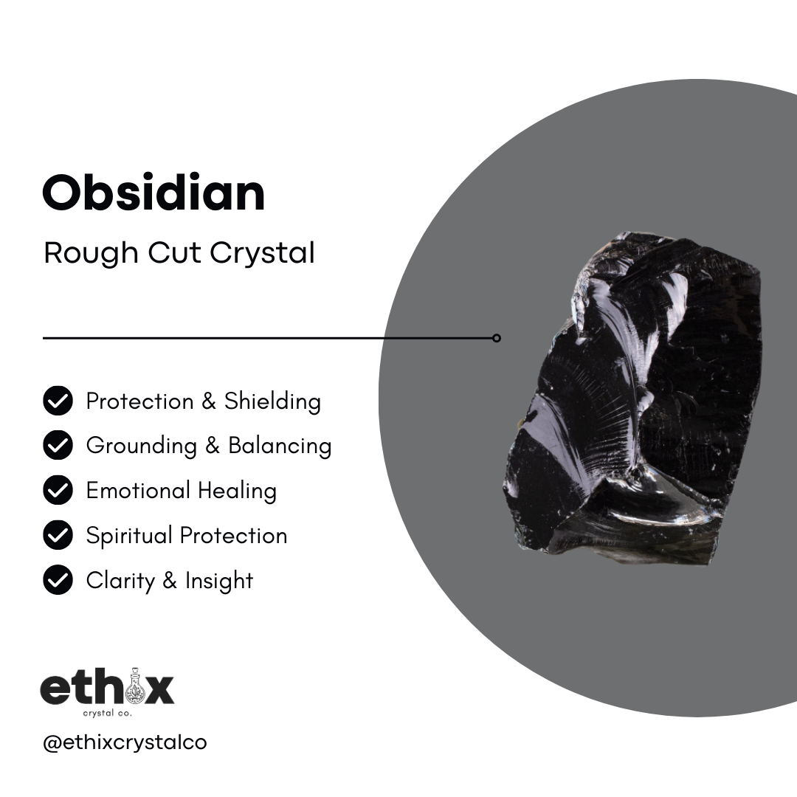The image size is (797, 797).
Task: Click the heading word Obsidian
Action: pyautogui.click(x=153, y=193)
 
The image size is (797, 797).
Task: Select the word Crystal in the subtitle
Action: pyautogui.click(x=262, y=253)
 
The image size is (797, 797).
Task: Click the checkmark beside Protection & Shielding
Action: pyautogui.click(x=58, y=401)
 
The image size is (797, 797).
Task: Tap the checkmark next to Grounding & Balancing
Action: pyautogui.click(x=58, y=446)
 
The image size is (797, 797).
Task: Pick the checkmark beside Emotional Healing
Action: pyautogui.click(x=58, y=491)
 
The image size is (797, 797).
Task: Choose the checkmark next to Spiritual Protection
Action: pyautogui.click(x=58, y=535)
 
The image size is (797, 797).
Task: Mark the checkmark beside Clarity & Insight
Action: pyautogui.click(x=58, y=580)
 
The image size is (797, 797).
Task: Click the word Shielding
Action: pyautogui.click(x=272, y=401)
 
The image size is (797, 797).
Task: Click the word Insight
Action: pyautogui.click(x=219, y=581)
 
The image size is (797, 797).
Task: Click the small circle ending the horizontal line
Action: pyautogui.click(x=497, y=338)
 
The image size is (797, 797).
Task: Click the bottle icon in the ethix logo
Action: pyautogui.click(x=135, y=687)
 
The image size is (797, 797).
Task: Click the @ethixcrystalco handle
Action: pyautogui.click(x=125, y=742)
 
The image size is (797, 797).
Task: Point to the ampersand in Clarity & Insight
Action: pyautogui.click(x=170, y=581)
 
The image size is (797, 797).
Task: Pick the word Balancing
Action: pyautogui.click(x=280, y=446)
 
